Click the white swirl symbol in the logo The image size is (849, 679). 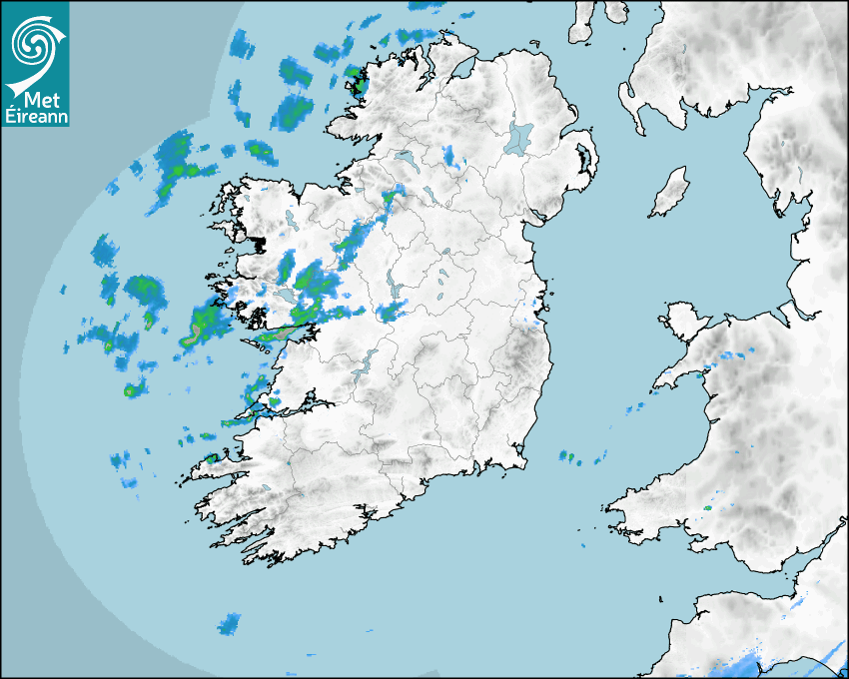[x=35, y=40]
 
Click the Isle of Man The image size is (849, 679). [x=669, y=192]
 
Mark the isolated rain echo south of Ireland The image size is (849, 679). [x=230, y=624]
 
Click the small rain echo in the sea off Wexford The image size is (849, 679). [x=567, y=457]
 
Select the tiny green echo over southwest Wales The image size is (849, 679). [x=707, y=507]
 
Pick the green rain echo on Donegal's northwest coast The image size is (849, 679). [x=358, y=80]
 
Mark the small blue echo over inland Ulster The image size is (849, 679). [x=449, y=155]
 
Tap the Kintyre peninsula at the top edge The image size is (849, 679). [x=583, y=22]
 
